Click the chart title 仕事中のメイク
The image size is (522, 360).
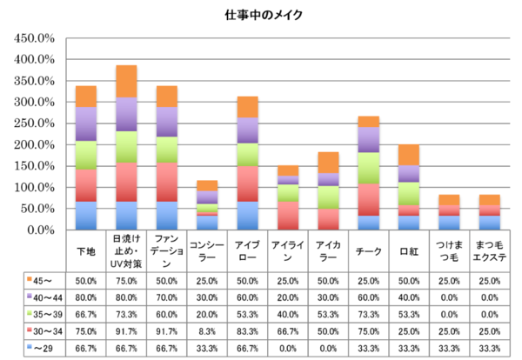(264, 15)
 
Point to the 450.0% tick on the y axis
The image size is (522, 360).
(34, 38)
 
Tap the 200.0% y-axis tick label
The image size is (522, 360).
(34, 144)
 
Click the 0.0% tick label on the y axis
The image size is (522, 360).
(41, 230)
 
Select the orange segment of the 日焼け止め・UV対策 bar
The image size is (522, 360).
(126, 81)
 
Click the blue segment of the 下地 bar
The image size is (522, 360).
(86, 216)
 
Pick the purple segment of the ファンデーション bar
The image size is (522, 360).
(167, 122)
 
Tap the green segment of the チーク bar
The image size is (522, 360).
(369, 168)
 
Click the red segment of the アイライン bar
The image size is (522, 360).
(288, 216)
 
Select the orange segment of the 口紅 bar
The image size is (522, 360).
(409, 155)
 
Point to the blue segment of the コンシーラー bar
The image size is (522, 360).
(207, 223)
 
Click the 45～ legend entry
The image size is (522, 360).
(40, 281)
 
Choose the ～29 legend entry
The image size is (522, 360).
(40, 349)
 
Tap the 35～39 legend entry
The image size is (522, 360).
(44, 315)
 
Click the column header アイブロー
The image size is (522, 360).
(247, 251)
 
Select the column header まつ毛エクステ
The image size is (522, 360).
(489, 251)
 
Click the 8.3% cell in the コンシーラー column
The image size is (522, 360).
(207, 331)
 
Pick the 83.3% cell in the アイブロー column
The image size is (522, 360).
(247, 331)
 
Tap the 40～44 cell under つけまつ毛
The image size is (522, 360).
(449, 297)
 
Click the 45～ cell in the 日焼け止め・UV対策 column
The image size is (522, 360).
(126, 281)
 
